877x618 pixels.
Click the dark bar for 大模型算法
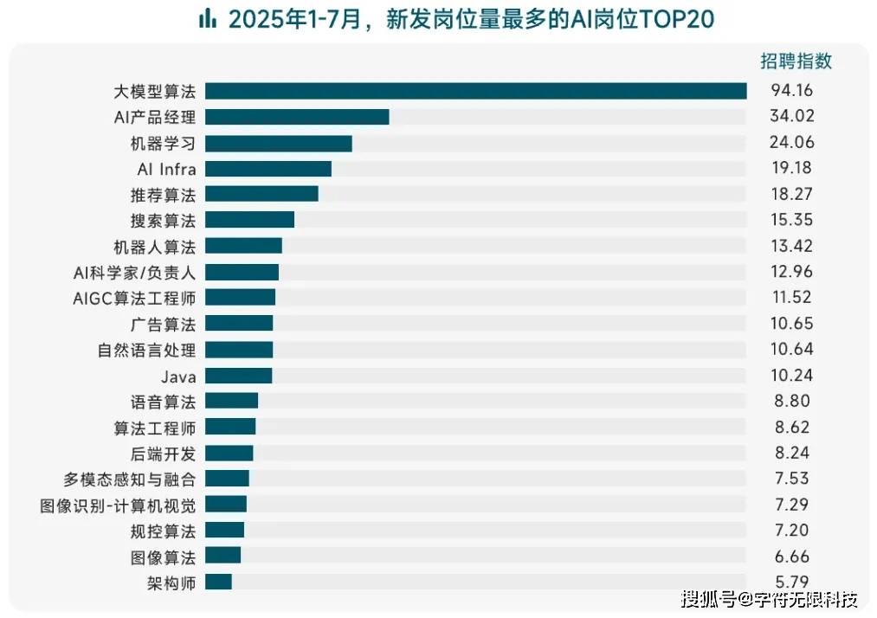pyautogui.click(x=475, y=91)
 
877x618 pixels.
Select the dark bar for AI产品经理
pyautogui.click(x=297, y=117)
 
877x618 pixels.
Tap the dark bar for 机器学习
pyautogui.click(x=278, y=143)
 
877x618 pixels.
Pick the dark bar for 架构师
pyautogui.click(x=218, y=582)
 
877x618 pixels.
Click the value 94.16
pyautogui.click(x=792, y=91)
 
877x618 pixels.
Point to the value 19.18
pyautogui.click(x=792, y=168)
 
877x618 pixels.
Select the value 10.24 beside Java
pyautogui.click(x=792, y=376)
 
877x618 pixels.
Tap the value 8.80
pyautogui.click(x=792, y=402)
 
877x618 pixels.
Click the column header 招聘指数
pyautogui.click(x=796, y=61)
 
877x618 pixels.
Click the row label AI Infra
pyautogui.click(x=166, y=169)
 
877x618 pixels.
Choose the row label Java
pyautogui.click(x=178, y=377)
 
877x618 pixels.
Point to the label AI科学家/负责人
pyautogui.click(x=134, y=273)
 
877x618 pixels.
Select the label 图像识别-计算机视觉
pyautogui.click(x=118, y=505)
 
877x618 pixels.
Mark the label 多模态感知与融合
pyautogui.click(x=129, y=479)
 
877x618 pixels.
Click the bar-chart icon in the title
pyautogui.click(x=207, y=19)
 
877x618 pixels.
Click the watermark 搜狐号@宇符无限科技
pyautogui.click(x=769, y=598)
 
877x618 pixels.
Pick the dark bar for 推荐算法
pyautogui.click(x=261, y=194)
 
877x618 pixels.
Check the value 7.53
pyautogui.click(x=792, y=479)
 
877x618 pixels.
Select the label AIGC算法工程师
pyautogui.click(x=134, y=299)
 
